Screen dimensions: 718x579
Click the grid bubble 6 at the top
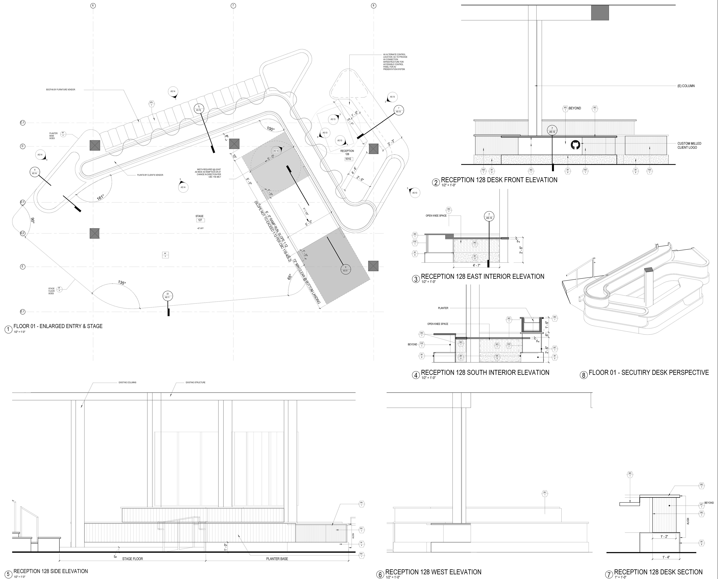[93, 6]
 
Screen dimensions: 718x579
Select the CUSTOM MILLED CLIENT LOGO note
[689, 145]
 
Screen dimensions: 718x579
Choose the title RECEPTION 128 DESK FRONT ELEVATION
[499, 180]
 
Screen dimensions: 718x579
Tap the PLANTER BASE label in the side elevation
[277, 559]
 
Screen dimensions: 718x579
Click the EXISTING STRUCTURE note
[195, 383]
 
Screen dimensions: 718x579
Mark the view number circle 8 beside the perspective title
[583, 375]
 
